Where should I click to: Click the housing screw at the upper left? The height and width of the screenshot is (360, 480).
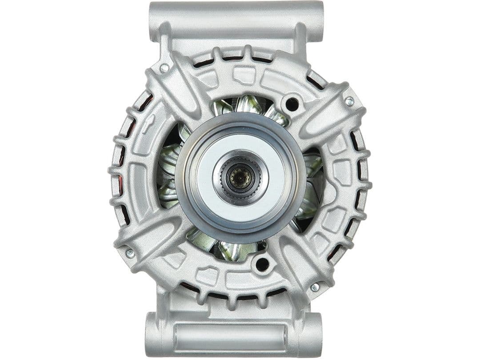click(164, 68)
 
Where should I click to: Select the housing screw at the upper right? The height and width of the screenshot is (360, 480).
click(349, 101)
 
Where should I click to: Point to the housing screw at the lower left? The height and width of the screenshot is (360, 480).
click(130, 253)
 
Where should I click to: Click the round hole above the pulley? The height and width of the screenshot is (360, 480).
click(292, 104)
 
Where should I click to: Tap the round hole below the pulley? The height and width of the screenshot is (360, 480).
click(262, 264)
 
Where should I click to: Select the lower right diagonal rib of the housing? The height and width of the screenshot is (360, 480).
click(302, 262)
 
